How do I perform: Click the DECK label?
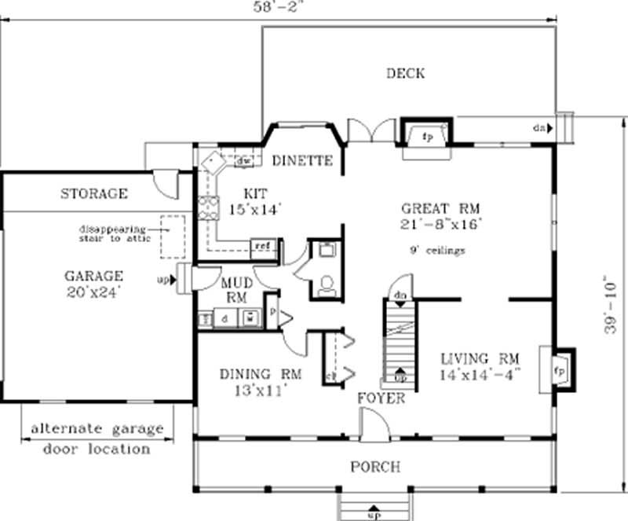405,74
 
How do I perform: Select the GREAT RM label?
440,209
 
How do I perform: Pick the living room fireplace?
560,368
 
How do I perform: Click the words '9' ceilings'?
438,251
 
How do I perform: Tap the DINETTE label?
302,160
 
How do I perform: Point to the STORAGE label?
94,193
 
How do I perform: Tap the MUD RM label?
235,288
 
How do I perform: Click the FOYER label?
382,398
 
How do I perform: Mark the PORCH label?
375,467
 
